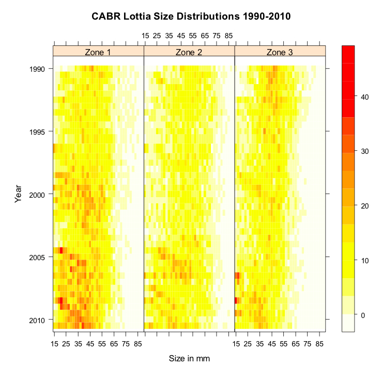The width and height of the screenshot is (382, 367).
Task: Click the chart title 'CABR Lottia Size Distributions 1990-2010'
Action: click(x=191, y=16)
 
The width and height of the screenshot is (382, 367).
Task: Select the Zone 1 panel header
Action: click(x=98, y=52)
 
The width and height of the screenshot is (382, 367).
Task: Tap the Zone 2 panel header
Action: click(x=189, y=52)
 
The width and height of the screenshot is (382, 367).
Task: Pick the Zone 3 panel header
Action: click(x=280, y=52)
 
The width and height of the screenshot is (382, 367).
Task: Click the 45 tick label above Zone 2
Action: click(x=181, y=36)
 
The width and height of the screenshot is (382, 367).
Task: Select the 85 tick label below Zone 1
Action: click(x=138, y=343)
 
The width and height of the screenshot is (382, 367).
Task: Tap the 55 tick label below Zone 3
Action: click(x=284, y=343)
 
